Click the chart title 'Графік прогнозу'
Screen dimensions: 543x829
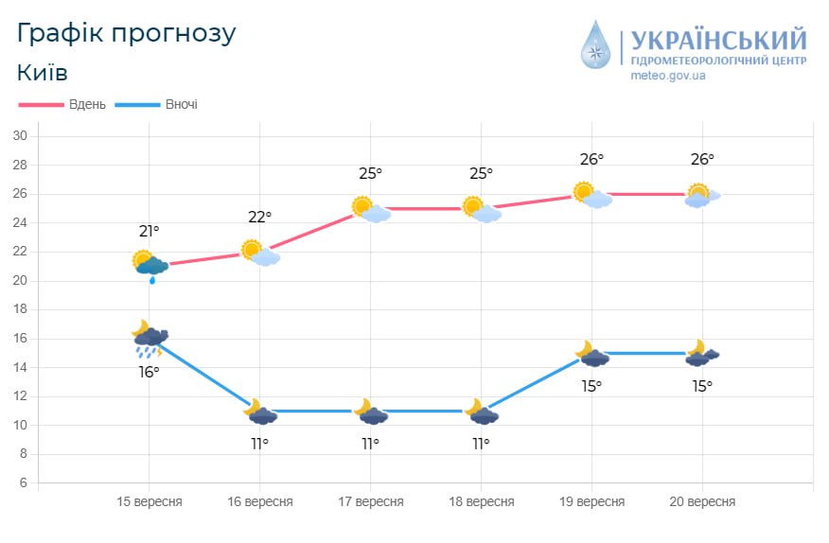126,33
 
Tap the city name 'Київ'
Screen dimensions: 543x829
43,74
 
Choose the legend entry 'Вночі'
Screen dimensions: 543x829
181,104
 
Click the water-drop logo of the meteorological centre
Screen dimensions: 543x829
596,44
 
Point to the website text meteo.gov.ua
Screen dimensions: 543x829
667,76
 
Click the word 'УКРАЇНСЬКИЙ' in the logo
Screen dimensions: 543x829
718,40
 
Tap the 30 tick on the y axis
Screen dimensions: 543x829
19,136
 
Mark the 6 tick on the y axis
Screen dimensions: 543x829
22,483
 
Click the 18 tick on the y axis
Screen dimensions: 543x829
19,309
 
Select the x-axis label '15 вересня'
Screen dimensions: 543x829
149,502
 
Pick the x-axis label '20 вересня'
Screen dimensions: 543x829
701,502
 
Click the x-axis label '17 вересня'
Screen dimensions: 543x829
370,502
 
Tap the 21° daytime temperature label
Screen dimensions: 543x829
149,231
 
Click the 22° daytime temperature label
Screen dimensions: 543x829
259,217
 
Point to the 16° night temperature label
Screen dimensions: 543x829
149,372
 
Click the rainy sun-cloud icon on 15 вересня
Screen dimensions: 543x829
150,265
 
